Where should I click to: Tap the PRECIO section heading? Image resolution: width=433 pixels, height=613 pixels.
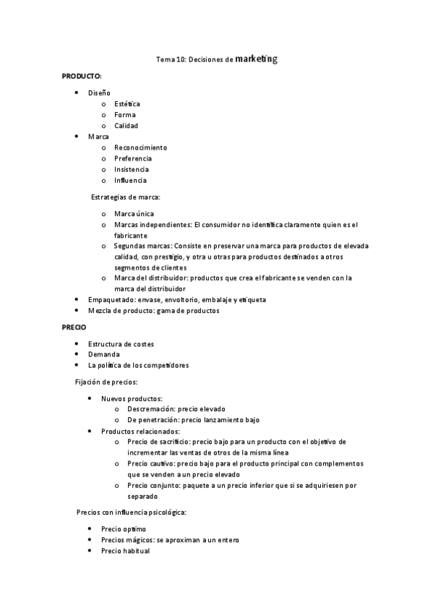tap(74, 327)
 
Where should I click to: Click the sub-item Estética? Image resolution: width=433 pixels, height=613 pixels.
tap(127, 104)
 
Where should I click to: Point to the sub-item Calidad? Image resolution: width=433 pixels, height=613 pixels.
tap(126, 126)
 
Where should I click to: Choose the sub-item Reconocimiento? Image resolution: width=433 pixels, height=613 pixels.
tap(140, 147)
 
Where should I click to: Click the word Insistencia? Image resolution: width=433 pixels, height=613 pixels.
tap(132, 169)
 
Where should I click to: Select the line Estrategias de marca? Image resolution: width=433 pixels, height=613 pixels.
tap(126, 197)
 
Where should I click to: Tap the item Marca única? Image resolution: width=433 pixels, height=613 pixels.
tap(134, 214)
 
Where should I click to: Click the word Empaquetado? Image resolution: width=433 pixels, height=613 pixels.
tap(111, 300)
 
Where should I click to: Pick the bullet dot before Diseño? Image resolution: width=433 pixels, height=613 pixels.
tap(77, 93)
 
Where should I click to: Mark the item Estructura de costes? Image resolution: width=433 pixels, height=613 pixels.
tap(121, 344)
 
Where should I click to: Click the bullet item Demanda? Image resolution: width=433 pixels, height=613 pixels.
tap(104, 355)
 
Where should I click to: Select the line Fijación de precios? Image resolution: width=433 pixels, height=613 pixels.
tap(107, 382)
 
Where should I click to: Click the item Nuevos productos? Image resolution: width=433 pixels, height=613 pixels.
tap(132, 398)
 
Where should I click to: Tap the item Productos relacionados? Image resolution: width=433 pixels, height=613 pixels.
tap(140, 432)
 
